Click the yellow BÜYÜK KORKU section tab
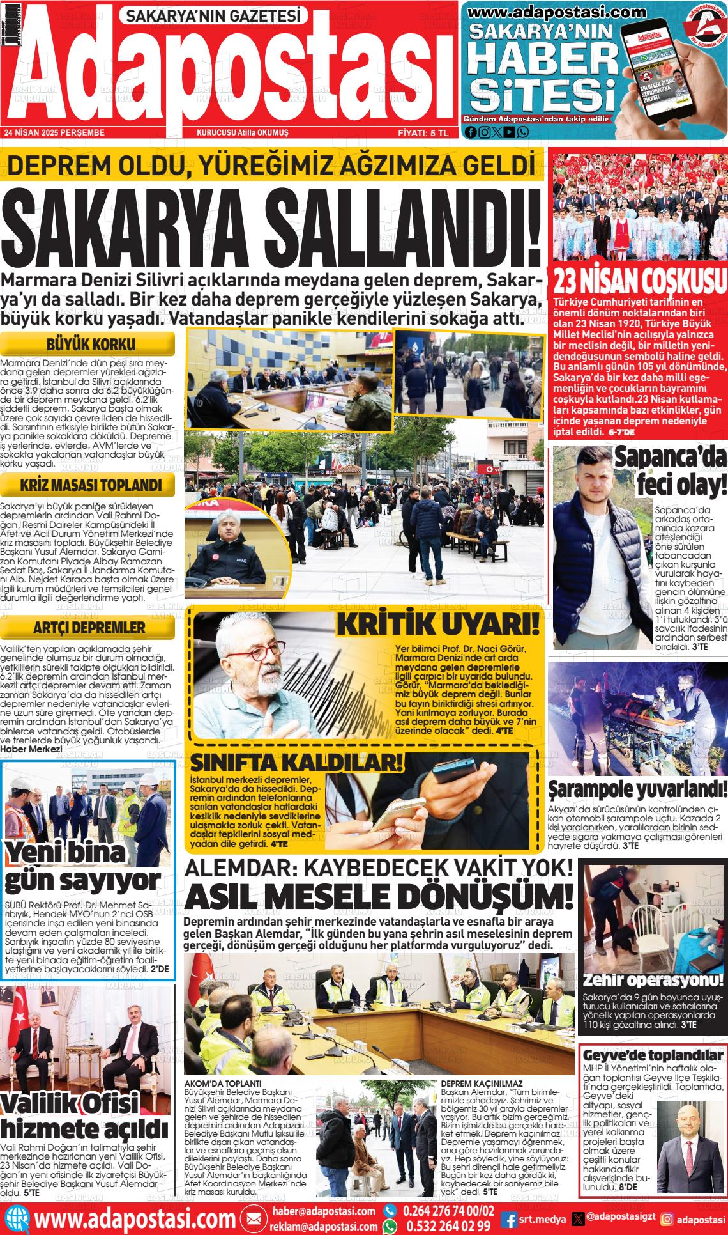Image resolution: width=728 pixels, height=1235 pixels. click(90, 344)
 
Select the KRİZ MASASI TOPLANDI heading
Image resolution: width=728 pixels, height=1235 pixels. click(90, 485)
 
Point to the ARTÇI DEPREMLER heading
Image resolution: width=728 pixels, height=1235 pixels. click(90, 627)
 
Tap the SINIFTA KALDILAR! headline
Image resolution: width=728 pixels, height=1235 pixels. click(297, 763)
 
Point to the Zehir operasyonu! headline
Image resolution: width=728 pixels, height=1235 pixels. click(653, 979)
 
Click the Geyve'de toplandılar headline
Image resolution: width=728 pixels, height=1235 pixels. click(653, 1055)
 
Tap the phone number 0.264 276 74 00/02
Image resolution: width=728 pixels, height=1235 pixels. click(448, 1211)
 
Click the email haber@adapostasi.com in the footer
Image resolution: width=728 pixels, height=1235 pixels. click(324, 1211)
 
